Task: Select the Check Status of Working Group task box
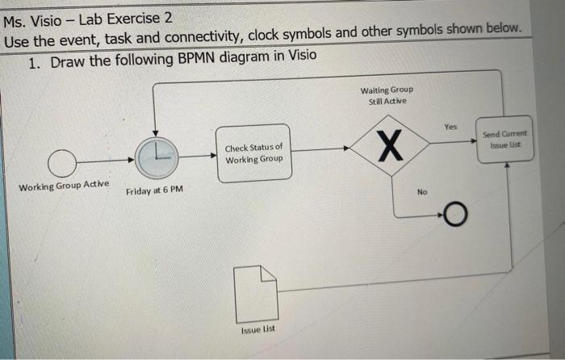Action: (x=253, y=153)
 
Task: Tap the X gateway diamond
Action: (x=389, y=148)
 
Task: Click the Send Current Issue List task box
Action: (x=505, y=138)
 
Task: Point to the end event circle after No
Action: (x=455, y=214)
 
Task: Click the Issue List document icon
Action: (x=255, y=292)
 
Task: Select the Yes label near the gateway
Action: (x=450, y=127)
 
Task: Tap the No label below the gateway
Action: (x=422, y=192)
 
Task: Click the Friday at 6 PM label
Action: (x=154, y=190)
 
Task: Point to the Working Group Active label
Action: (x=64, y=186)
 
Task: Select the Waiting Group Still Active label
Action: (x=387, y=95)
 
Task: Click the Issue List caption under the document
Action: (x=258, y=331)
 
